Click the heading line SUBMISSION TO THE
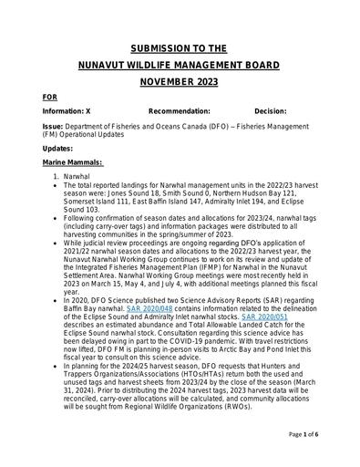pyautogui.click(x=180, y=47)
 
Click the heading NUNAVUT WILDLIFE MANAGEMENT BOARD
pyautogui.click(x=180, y=65)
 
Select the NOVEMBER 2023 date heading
pyautogui.click(x=180, y=82)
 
